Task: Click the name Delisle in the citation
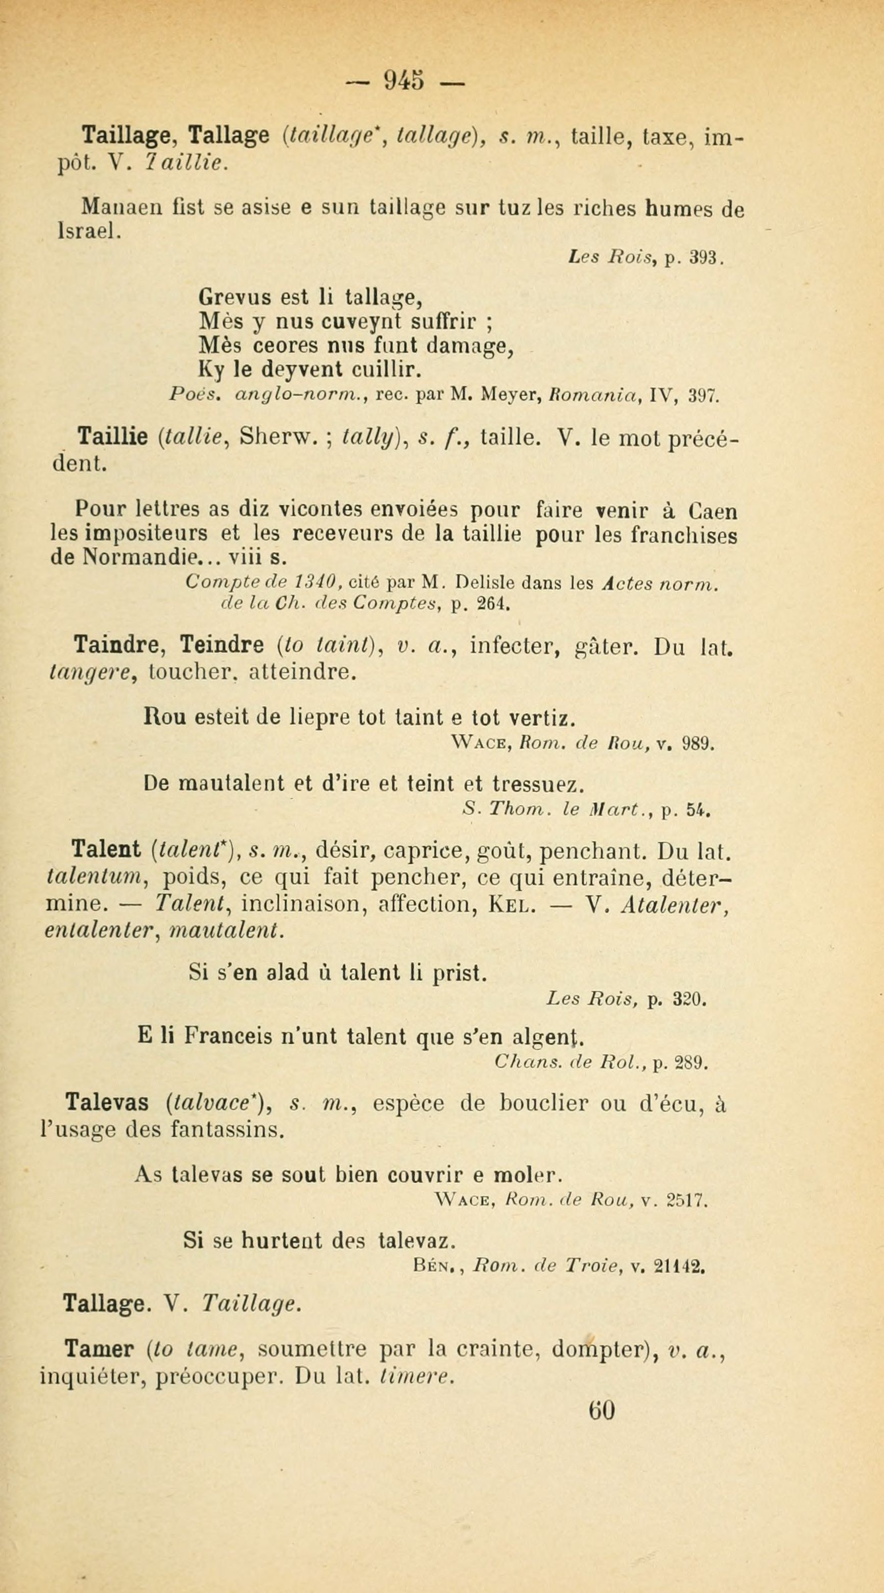(486, 583)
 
